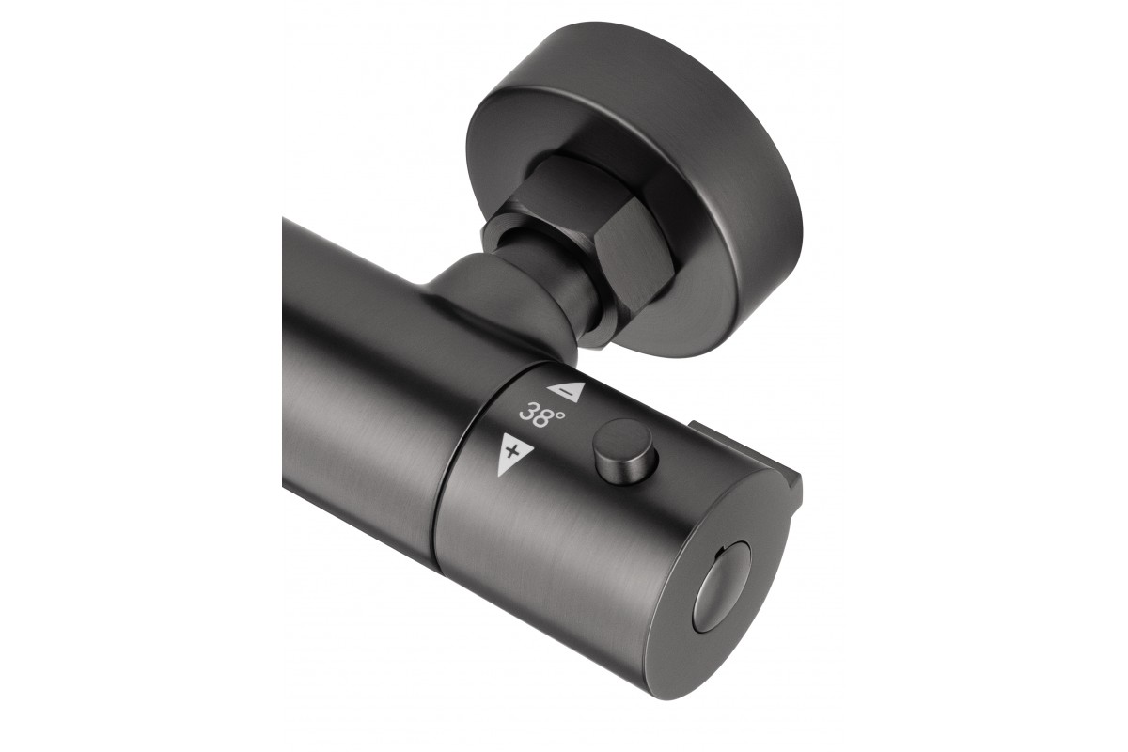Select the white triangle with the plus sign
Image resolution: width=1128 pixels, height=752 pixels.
(513, 454)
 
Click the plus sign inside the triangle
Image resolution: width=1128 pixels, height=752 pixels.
(512, 452)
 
